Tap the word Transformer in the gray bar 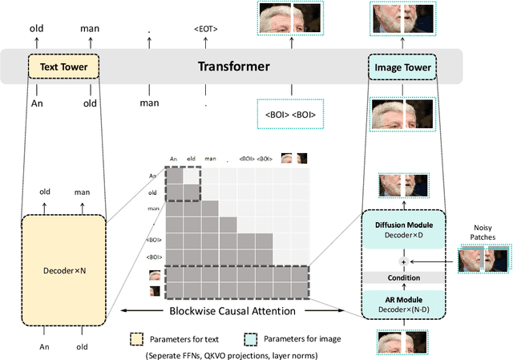[234, 67]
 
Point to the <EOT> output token [205, 30]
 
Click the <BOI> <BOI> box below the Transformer [290, 114]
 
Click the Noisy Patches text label [483, 232]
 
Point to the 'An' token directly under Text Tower [36, 103]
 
